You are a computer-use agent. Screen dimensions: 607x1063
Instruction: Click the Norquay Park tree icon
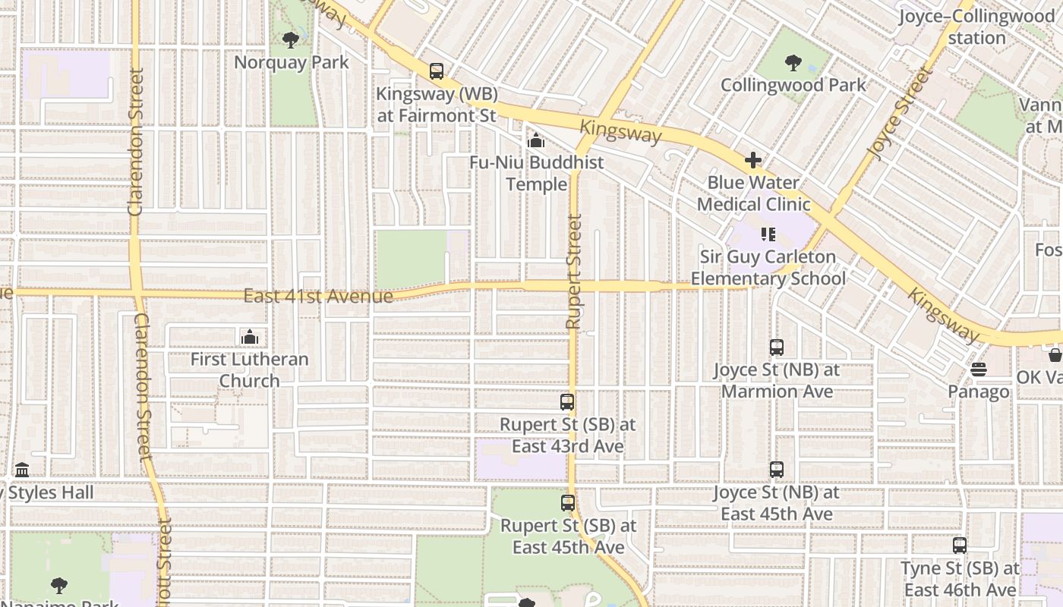pos(289,39)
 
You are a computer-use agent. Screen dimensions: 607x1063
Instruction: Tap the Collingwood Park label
pos(793,84)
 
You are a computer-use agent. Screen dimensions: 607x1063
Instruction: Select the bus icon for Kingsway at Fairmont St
pos(437,71)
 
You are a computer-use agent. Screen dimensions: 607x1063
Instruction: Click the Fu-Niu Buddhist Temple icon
pos(536,140)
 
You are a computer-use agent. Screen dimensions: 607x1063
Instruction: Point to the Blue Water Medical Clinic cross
pos(753,160)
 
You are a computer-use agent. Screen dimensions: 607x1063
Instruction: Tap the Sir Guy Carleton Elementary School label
pos(768,268)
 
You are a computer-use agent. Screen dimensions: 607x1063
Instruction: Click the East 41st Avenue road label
pos(318,295)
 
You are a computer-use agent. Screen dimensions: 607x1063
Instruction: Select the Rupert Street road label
pos(574,272)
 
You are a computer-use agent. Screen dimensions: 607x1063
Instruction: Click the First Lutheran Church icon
pos(249,337)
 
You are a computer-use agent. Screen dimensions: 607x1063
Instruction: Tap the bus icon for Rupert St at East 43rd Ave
pos(567,402)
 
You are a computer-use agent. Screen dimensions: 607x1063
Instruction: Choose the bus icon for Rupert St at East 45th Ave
pos(567,502)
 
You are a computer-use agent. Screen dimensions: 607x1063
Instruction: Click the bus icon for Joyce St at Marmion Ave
pos(777,348)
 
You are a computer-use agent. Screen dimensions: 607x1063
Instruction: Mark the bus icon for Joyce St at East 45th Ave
pos(777,470)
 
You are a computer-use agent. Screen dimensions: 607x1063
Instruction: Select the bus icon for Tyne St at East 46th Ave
pos(960,545)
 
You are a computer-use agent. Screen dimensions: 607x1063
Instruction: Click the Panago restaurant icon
pos(979,370)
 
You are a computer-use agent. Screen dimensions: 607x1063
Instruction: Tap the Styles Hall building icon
pos(22,470)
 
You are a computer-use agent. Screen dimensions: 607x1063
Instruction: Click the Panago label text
pos(979,392)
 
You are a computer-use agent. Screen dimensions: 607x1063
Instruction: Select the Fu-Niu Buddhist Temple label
pos(536,173)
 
